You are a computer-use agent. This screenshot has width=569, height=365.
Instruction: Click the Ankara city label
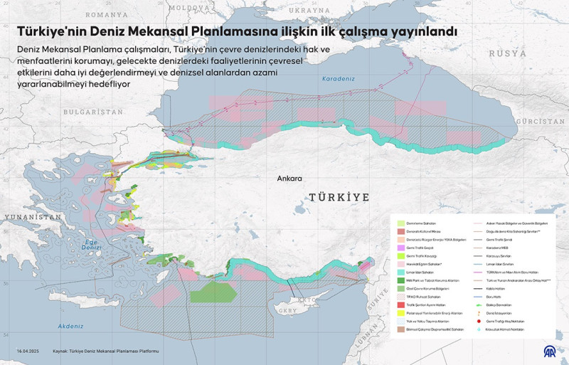[289, 179]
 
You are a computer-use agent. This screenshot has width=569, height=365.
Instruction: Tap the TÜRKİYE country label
[339, 196]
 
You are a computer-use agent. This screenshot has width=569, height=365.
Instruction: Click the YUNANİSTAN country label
[30, 216]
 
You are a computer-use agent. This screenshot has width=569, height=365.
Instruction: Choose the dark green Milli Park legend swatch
[401, 280]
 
